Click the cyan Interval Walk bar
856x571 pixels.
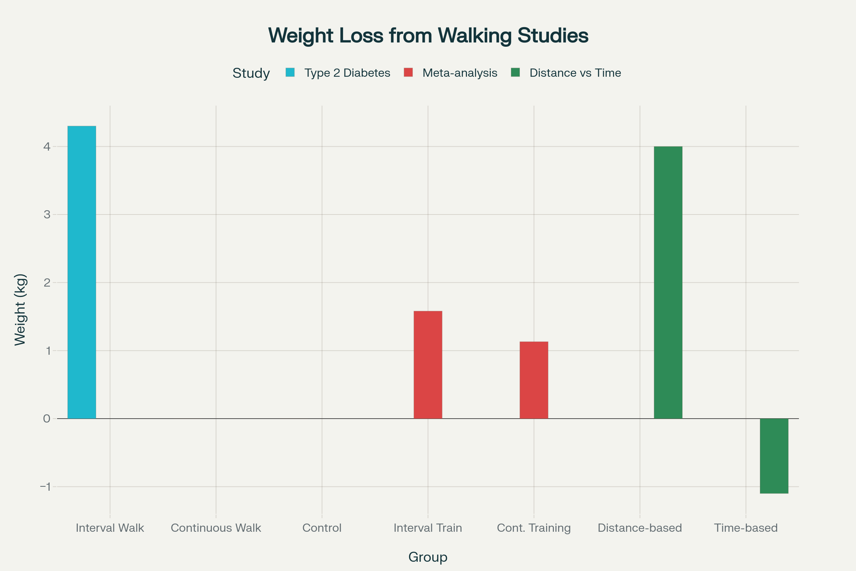click(82, 272)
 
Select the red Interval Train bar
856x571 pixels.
click(428, 364)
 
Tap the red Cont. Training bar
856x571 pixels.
click(534, 380)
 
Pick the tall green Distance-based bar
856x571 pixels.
click(668, 282)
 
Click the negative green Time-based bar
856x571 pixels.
click(774, 456)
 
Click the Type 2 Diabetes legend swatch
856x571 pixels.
click(290, 72)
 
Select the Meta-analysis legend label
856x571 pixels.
click(460, 73)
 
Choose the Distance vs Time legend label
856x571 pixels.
click(575, 73)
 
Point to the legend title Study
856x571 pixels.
click(251, 73)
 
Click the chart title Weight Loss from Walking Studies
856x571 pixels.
click(428, 35)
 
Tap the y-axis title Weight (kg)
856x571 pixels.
click(20, 309)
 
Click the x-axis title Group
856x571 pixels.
click(428, 557)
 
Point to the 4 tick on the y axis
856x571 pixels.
click(47, 146)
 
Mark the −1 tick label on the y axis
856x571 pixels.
click(46, 486)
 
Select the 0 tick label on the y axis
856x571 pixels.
click(47, 418)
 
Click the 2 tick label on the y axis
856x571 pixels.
click(47, 283)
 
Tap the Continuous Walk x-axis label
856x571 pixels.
click(216, 528)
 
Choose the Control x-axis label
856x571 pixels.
click(322, 528)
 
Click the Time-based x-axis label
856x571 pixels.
click(746, 528)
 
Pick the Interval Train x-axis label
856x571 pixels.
click(428, 528)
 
